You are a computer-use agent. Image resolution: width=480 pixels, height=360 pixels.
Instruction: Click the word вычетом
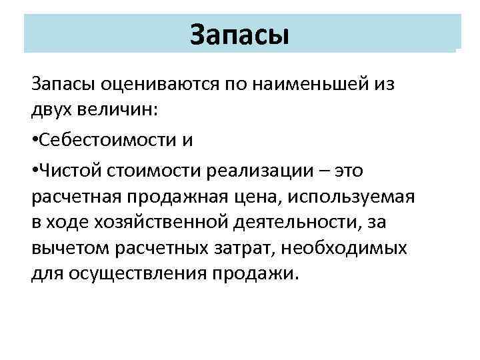pos(69,249)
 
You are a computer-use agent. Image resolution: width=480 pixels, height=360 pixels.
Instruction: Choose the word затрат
pos(239,249)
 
